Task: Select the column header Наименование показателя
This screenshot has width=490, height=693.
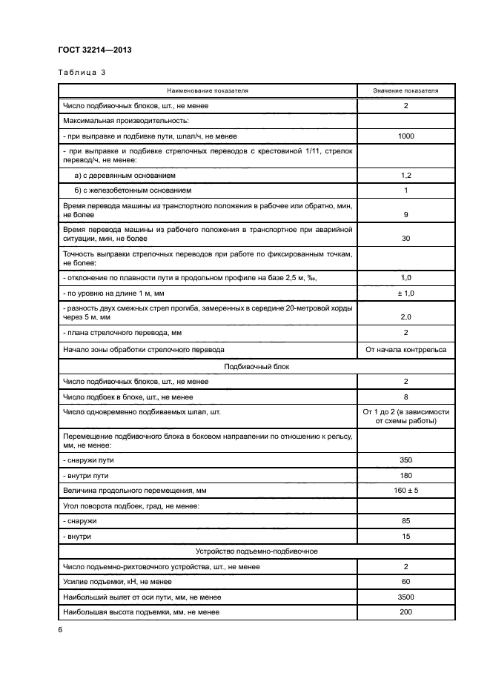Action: [x=208, y=90]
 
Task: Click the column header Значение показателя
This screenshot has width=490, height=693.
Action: [x=405, y=90]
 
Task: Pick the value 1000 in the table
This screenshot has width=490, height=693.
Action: [x=405, y=136]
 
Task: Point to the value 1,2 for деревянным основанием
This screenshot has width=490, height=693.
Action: [x=405, y=175]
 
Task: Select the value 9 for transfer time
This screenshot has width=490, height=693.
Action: [x=405, y=214]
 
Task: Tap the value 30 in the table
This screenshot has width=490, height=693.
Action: [x=405, y=239]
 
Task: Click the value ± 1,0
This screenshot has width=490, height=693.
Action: [x=405, y=293]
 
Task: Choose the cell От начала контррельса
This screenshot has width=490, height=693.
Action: [x=405, y=349]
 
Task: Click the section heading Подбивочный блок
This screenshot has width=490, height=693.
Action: [x=256, y=365]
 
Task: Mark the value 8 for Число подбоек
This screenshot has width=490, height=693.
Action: [x=405, y=397]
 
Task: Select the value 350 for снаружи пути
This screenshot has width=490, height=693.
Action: [x=405, y=460]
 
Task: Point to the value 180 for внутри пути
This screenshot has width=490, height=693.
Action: [x=405, y=475]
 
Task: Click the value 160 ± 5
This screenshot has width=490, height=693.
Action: [x=405, y=490]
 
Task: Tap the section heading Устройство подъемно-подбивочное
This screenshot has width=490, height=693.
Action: [x=256, y=551]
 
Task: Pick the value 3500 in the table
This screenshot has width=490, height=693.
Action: [x=405, y=597]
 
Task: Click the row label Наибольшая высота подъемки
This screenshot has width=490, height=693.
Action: [x=141, y=612]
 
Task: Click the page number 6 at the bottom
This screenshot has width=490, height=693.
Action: [x=60, y=630]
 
